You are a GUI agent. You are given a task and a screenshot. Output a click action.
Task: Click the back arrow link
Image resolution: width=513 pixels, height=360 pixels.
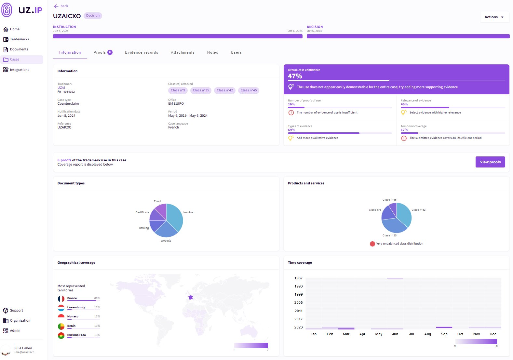pyautogui.click(x=61, y=6)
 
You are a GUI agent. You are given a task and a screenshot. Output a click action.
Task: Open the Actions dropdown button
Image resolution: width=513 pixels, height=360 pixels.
pyautogui.click(x=494, y=17)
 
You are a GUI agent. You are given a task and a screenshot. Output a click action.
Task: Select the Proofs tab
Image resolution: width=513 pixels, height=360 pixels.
pyautogui.click(x=103, y=52)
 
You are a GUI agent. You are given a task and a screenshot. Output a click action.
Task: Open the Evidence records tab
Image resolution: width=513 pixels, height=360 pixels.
pyautogui.click(x=142, y=52)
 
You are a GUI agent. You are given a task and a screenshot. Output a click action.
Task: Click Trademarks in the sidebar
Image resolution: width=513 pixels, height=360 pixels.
pyautogui.click(x=19, y=39)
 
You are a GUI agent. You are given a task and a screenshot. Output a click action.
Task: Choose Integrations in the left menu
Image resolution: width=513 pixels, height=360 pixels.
pyautogui.click(x=19, y=70)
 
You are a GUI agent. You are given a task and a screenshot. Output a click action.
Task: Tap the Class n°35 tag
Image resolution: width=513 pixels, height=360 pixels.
pyautogui.click(x=201, y=90)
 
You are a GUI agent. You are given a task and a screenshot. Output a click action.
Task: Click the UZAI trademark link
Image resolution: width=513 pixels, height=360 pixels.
pyautogui.click(x=61, y=87)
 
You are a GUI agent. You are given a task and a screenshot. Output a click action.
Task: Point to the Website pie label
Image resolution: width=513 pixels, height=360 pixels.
pyautogui.click(x=166, y=241)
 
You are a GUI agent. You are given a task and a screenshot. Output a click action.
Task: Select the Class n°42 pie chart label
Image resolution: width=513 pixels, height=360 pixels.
pyautogui.click(x=418, y=210)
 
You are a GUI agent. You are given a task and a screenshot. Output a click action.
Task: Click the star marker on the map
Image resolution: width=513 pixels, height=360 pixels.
pyautogui.click(x=191, y=297)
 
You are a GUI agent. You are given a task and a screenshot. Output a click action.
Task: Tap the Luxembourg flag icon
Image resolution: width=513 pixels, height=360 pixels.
pyautogui.click(x=61, y=308)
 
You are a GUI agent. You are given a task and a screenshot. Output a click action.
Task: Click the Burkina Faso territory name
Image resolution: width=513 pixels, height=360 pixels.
pyautogui.click(x=76, y=335)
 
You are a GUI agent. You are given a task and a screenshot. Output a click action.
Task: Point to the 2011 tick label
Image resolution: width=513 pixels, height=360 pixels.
pyautogui.click(x=298, y=311)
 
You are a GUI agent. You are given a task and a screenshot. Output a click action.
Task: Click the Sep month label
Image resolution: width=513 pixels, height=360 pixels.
pyautogui.click(x=444, y=334)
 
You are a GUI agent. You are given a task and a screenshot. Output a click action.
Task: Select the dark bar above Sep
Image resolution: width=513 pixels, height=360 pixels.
pyautogui.click(x=444, y=327)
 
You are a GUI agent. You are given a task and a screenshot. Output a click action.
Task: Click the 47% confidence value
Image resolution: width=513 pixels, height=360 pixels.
pyautogui.click(x=295, y=76)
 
